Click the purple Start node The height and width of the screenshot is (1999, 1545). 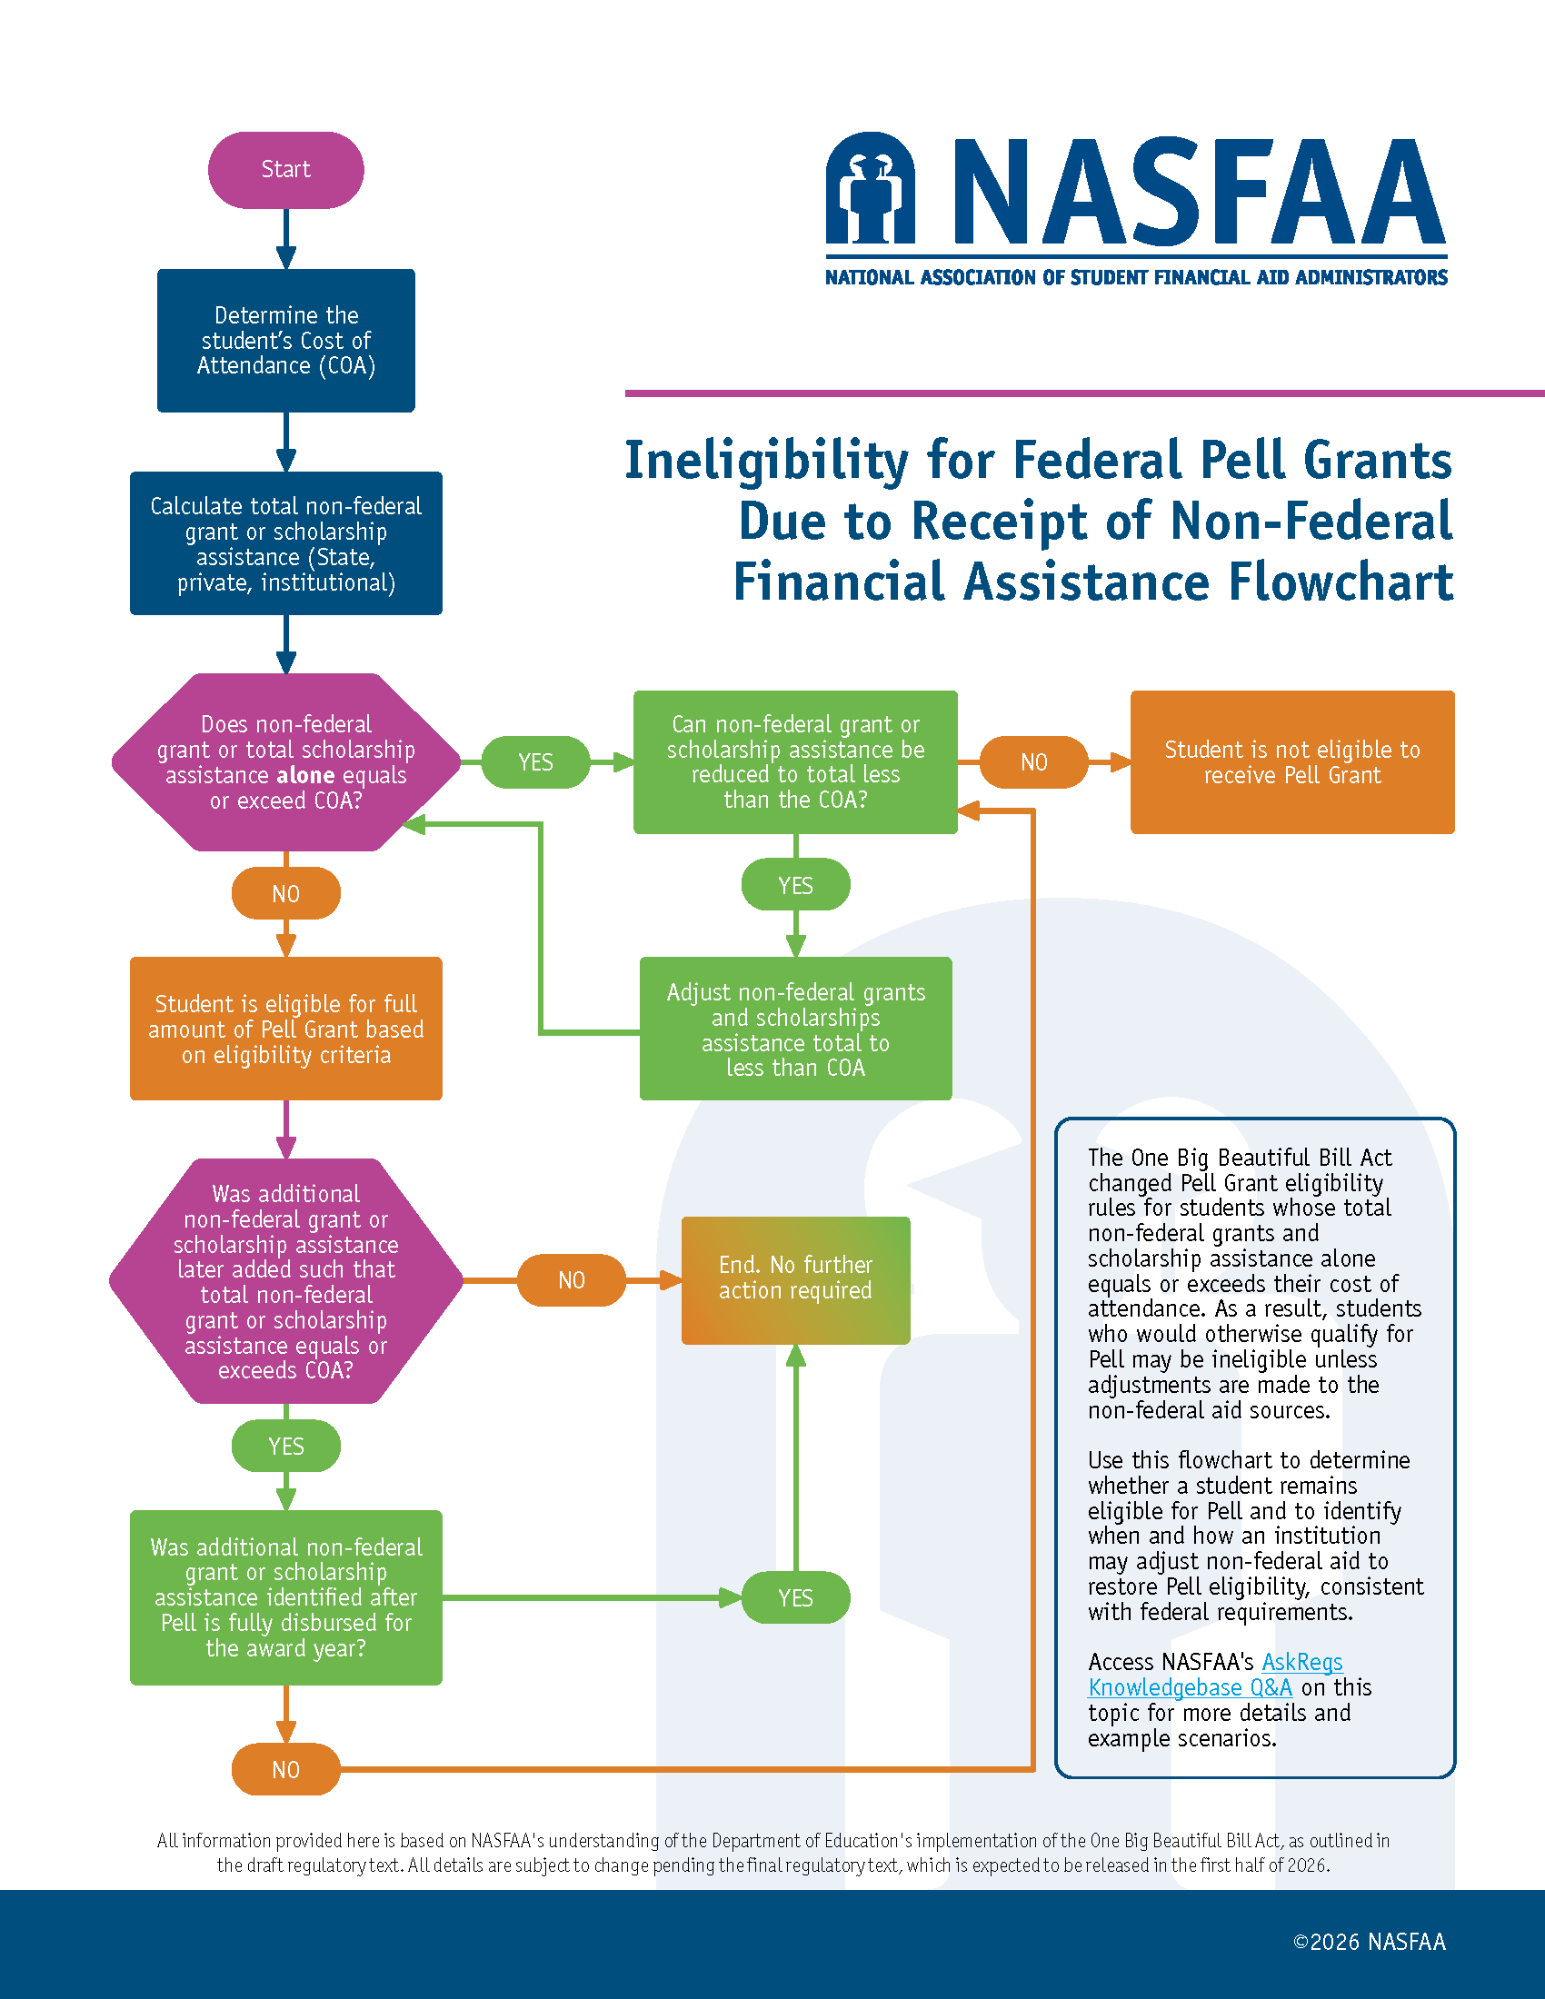point(285,169)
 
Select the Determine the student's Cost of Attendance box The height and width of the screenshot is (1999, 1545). point(285,341)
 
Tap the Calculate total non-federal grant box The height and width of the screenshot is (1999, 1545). point(285,543)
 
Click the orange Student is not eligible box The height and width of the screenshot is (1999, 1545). point(1291,761)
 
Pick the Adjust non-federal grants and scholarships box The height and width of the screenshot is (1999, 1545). point(795,1029)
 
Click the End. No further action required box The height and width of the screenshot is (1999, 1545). point(795,1278)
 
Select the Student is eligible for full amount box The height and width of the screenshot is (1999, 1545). point(285,1029)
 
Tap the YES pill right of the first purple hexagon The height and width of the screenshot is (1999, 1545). point(535,761)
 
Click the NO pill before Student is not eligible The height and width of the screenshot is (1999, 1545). point(1033,761)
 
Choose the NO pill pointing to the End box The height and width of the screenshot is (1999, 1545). point(571,1279)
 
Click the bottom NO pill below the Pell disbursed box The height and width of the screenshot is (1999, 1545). point(285,1769)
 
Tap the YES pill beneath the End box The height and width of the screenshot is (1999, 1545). point(795,1598)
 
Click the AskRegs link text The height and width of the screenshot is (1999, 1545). point(1301,1662)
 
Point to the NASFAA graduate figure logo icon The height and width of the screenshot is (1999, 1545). point(870,191)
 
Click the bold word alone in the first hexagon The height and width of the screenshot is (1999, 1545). point(304,775)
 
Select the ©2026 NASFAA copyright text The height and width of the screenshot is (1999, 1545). point(1370,1942)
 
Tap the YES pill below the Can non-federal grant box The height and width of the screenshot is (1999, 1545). point(795,885)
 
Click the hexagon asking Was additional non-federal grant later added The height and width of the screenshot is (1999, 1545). point(285,1280)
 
